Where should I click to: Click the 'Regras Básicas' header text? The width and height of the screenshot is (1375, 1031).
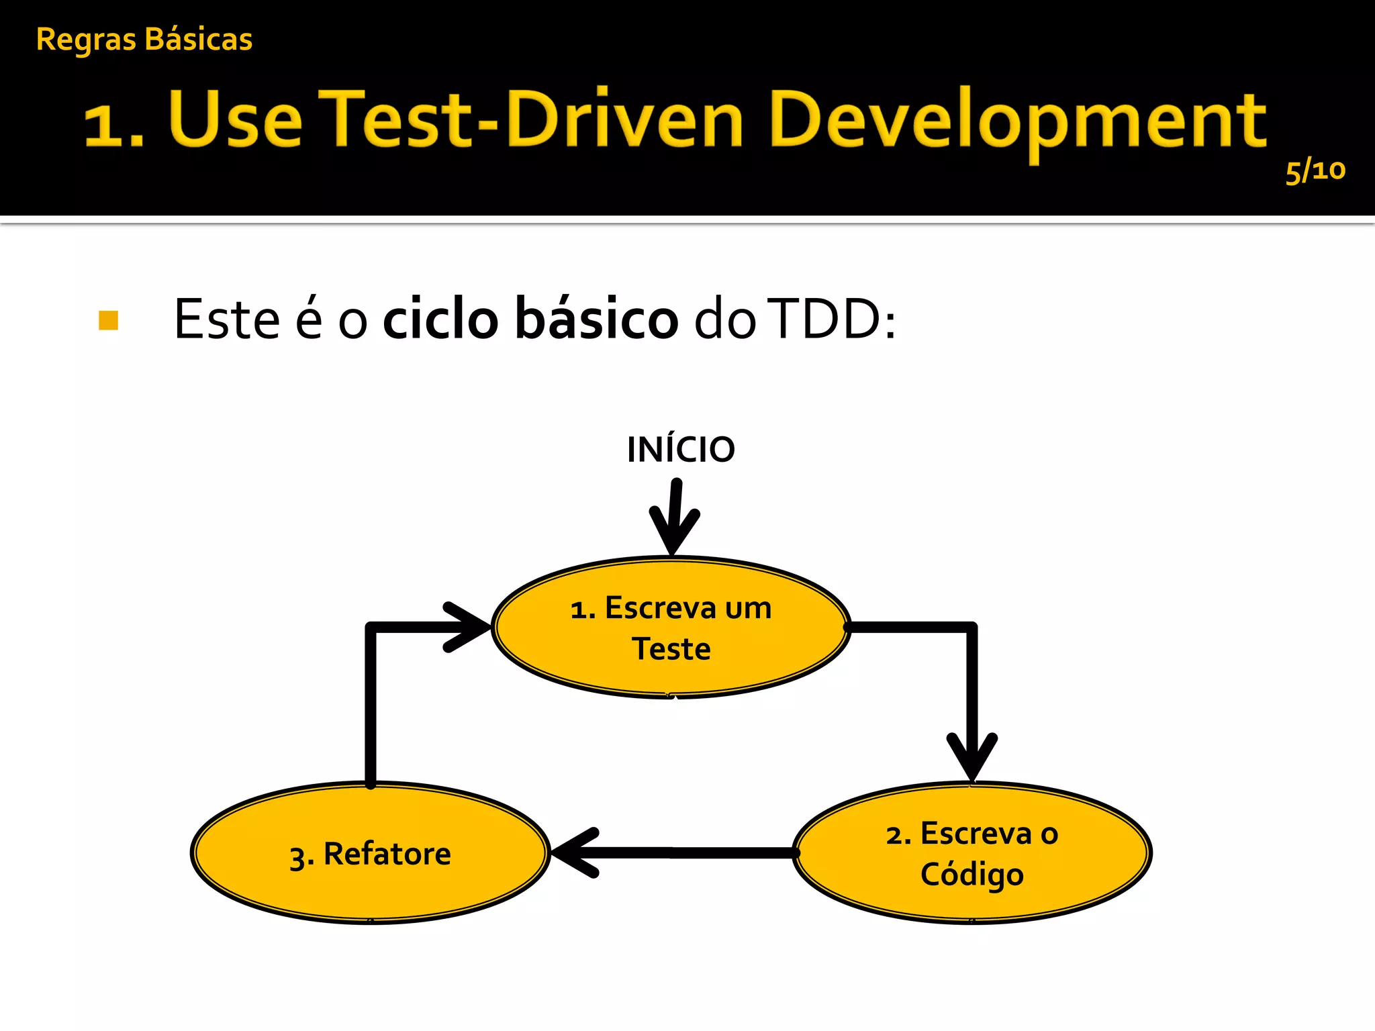pos(144,40)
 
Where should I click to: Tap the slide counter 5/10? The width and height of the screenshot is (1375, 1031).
pos(1315,171)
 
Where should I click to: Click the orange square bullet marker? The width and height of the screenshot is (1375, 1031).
pos(108,320)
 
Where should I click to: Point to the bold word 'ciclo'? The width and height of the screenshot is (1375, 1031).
pos(440,319)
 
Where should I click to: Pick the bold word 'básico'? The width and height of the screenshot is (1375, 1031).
pos(597,319)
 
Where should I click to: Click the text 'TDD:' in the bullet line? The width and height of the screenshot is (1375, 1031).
pos(831,320)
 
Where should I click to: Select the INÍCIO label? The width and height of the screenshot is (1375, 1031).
pos(680,450)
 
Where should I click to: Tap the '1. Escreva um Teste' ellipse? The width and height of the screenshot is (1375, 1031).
pos(671,628)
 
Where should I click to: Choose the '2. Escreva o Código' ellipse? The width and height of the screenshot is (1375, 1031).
pos(971,853)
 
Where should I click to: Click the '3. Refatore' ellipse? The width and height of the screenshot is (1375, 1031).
pos(371,853)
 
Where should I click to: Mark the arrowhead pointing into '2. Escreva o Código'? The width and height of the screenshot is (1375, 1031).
pos(971,758)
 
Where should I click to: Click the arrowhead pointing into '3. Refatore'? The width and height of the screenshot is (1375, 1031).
pos(574,853)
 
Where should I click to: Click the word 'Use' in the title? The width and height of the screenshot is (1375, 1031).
pos(235,119)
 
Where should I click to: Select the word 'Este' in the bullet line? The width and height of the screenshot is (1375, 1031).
pos(226,320)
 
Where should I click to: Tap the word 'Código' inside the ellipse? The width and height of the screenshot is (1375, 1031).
pos(971,874)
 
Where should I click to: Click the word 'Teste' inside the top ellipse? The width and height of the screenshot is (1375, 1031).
pos(671,649)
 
